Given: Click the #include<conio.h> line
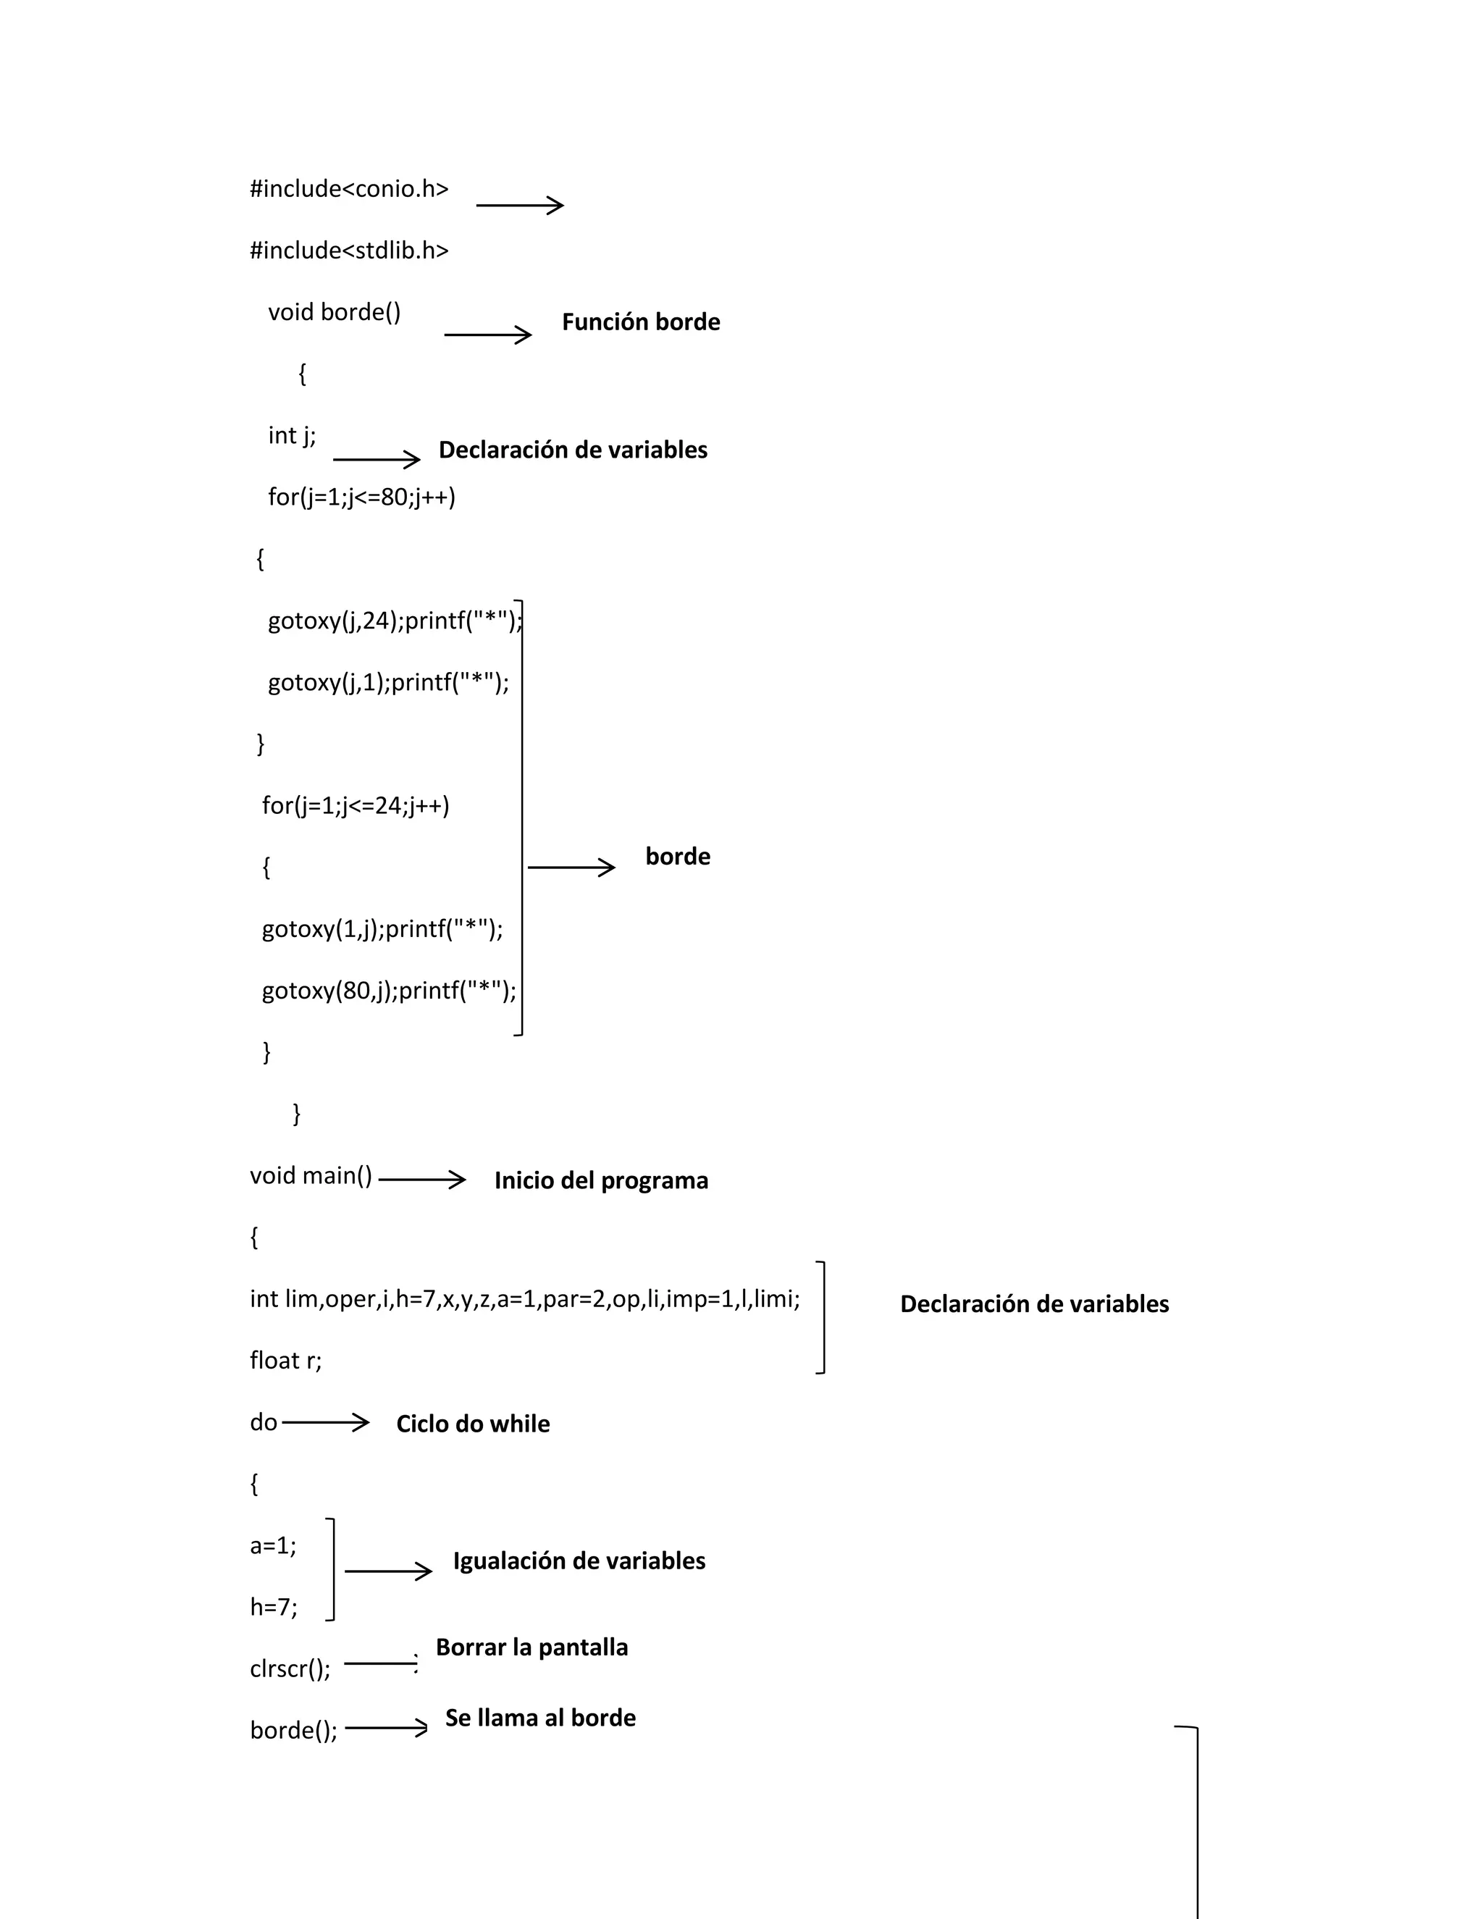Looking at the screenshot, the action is [349, 189].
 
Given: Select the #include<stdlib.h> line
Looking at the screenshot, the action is [349, 251].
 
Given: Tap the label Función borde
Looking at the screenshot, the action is [640, 322].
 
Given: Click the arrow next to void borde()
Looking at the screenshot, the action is [487, 335].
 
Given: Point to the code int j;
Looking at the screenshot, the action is [292, 436].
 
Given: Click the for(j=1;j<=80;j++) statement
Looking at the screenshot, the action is [361, 497].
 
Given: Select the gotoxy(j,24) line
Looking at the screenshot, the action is [395, 621].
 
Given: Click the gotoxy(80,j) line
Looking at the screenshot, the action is [388, 991].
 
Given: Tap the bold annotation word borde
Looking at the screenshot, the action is [677, 857].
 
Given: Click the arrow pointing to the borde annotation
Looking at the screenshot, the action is [571, 868].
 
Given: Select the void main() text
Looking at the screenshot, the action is [311, 1175].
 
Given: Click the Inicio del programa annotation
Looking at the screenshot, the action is [601, 1181].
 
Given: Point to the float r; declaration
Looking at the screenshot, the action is [285, 1361].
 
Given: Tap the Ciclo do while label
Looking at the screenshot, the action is [473, 1424].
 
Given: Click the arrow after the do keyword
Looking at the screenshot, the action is [325, 1422].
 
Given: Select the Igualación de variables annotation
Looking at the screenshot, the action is [579, 1561].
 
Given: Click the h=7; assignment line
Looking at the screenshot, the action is [273, 1607].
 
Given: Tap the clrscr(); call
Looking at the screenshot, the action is [290, 1668].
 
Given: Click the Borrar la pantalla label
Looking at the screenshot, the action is [532, 1647].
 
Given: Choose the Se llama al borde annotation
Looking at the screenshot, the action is [540, 1718].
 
